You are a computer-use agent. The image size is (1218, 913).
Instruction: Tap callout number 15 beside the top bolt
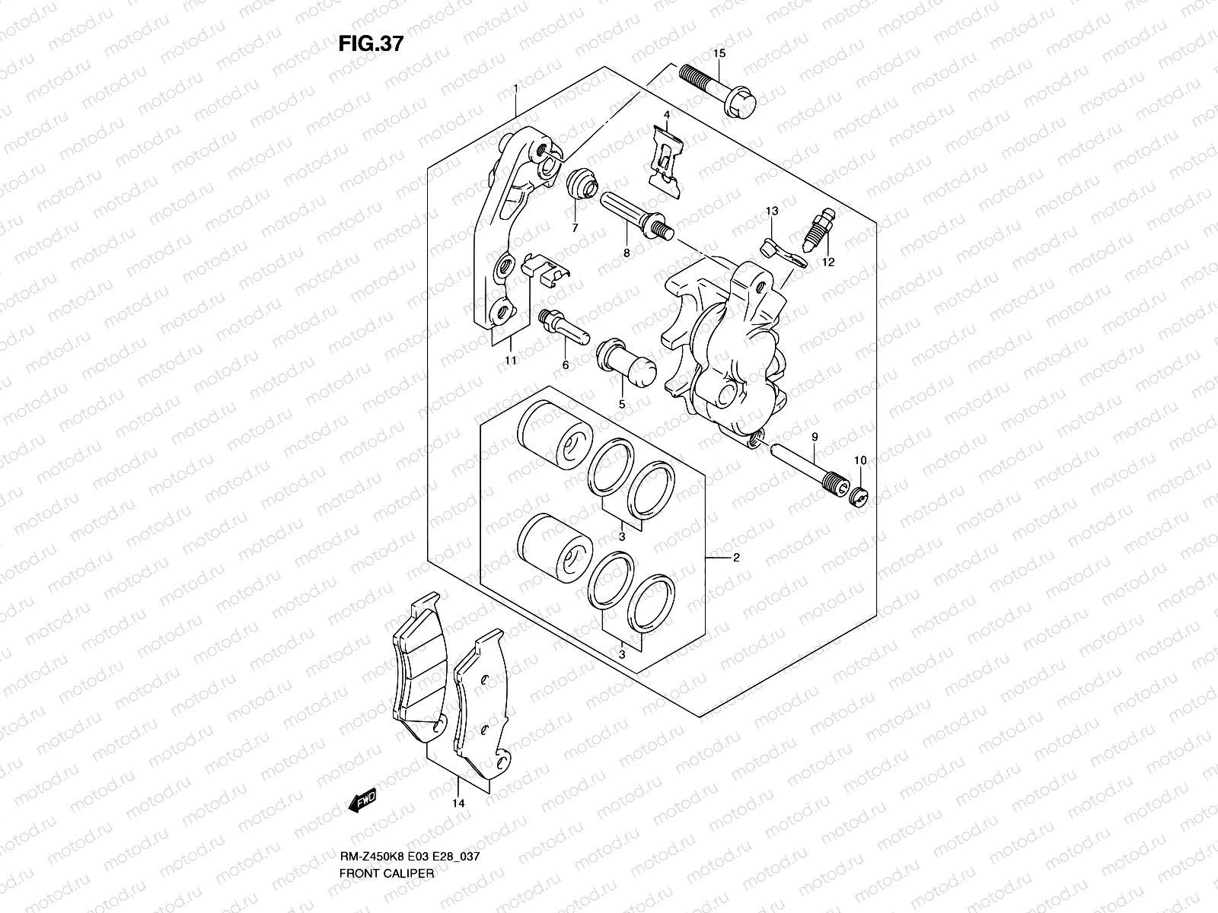click(x=719, y=53)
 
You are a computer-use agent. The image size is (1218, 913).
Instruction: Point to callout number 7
click(x=575, y=227)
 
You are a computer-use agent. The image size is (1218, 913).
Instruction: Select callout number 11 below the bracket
click(x=510, y=360)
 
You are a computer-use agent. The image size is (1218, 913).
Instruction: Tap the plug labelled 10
click(x=858, y=499)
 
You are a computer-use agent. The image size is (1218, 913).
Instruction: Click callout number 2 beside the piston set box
click(x=736, y=558)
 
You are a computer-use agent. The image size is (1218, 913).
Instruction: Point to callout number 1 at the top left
click(x=515, y=88)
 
